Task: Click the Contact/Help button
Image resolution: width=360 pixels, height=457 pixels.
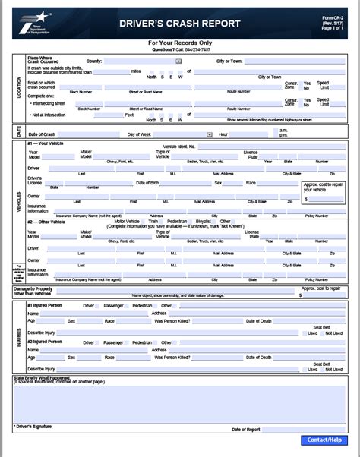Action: click(324, 440)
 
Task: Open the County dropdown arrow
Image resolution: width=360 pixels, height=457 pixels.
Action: click(178, 61)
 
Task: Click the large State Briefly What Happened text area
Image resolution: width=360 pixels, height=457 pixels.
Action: click(179, 402)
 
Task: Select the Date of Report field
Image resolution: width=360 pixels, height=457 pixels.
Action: click(304, 429)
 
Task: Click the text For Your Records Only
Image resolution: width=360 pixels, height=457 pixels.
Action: click(179, 43)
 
